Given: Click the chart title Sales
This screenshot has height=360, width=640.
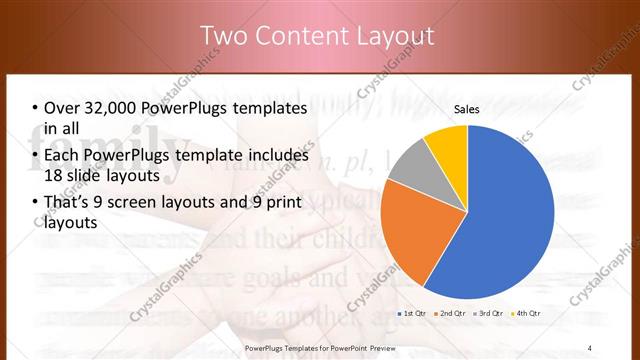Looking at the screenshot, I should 467,108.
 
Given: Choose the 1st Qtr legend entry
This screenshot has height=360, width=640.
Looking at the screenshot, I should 414,313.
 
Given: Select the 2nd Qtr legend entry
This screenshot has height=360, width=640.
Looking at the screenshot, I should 452,313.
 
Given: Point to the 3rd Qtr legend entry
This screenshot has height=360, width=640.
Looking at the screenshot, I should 490,313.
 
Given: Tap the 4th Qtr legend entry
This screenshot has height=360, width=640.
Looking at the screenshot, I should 527,313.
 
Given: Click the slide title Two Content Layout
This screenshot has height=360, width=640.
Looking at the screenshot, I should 318,36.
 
